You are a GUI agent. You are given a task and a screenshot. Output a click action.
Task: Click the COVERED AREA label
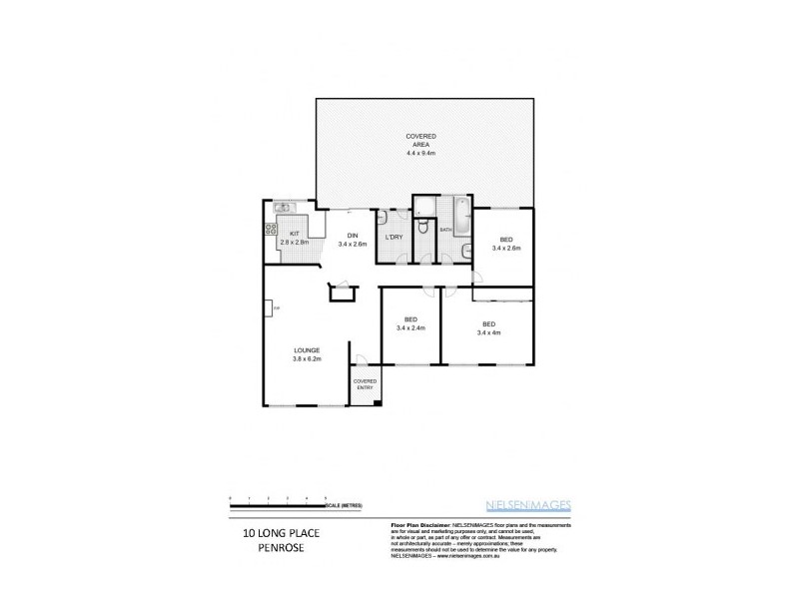[420, 145]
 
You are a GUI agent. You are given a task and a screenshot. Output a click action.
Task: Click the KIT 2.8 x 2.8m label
[295, 238]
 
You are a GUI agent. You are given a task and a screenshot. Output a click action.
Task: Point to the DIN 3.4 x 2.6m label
[351, 239]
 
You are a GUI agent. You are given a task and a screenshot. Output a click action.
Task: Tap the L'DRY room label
[394, 238]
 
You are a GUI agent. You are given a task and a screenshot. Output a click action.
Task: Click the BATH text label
[445, 231]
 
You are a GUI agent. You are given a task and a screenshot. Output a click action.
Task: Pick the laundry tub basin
[385, 218]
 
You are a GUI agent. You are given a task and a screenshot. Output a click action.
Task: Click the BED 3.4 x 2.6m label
[506, 244]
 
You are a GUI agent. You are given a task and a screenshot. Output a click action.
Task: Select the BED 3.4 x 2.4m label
[410, 323]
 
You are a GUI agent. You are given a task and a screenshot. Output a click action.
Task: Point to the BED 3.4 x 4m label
[488, 328]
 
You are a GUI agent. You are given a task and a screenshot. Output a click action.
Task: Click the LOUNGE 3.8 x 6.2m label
[306, 354]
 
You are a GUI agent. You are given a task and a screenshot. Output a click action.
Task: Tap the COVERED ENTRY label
[364, 385]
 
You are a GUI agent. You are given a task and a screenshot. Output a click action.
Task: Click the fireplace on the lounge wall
[270, 308]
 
